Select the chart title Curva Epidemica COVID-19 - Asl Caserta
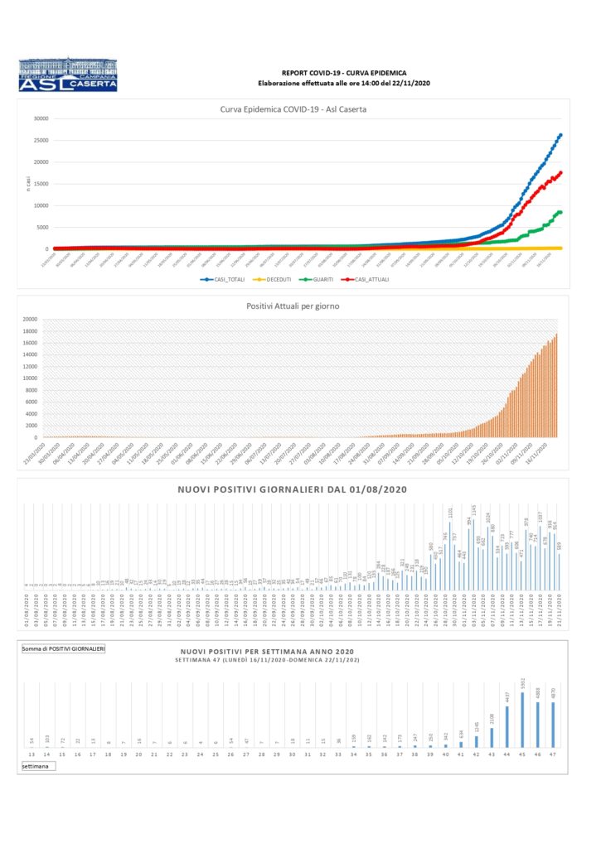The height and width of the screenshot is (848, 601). point(293,109)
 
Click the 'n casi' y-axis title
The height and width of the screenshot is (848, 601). point(28,182)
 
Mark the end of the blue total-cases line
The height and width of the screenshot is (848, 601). point(560,135)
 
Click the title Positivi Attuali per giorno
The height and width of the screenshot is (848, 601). point(293,306)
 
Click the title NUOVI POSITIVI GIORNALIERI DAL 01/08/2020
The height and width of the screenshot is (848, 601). point(292,489)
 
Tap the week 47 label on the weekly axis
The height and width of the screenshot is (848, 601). point(553,755)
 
